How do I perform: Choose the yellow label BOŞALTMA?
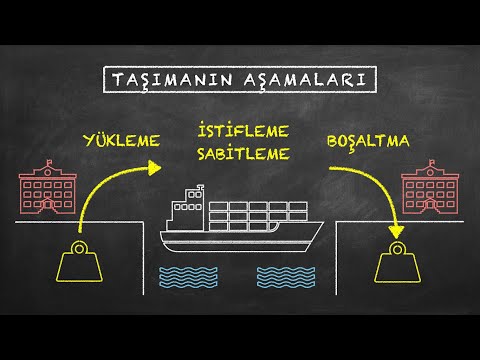point(369,140)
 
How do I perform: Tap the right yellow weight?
point(399,266)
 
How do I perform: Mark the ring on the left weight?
point(79,246)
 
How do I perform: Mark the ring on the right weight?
point(399,246)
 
